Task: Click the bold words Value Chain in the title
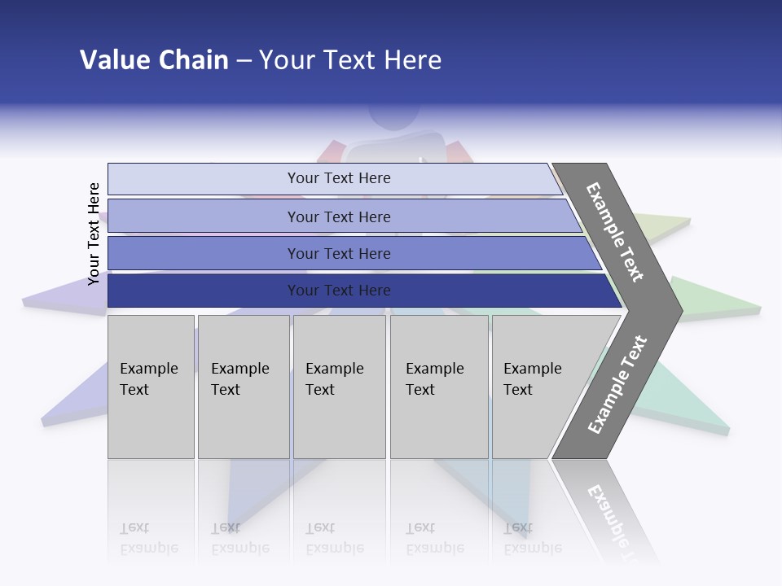tap(154, 60)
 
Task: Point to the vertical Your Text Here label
tap(94, 234)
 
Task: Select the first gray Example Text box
tap(151, 387)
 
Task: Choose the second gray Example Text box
tap(244, 387)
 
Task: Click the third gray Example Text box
tap(339, 387)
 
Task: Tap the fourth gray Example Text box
tap(439, 387)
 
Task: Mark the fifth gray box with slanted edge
tap(542, 387)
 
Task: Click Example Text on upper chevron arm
tap(615, 232)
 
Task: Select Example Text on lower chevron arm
tap(617, 385)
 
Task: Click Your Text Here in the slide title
tap(350, 60)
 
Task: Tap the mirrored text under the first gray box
tap(148, 538)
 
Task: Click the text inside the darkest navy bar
tap(339, 291)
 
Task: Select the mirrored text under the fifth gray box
tap(533, 538)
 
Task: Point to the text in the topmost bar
tap(339, 178)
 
